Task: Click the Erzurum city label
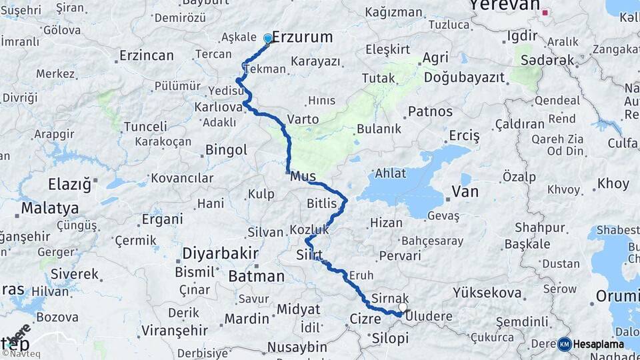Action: (303, 37)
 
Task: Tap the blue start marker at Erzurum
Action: (268, 39)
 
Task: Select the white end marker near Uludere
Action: (403, 308)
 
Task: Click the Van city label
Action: (465, 192)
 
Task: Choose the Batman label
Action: (256, 276)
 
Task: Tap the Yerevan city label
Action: (503, 5)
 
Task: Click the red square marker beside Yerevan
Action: (545, 12)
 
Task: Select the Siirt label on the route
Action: (311, 255)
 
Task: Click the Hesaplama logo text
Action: (599, 344)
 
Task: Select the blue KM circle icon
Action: (565, 344)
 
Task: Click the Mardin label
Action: (246, 319)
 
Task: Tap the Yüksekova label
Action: (487, 292)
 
